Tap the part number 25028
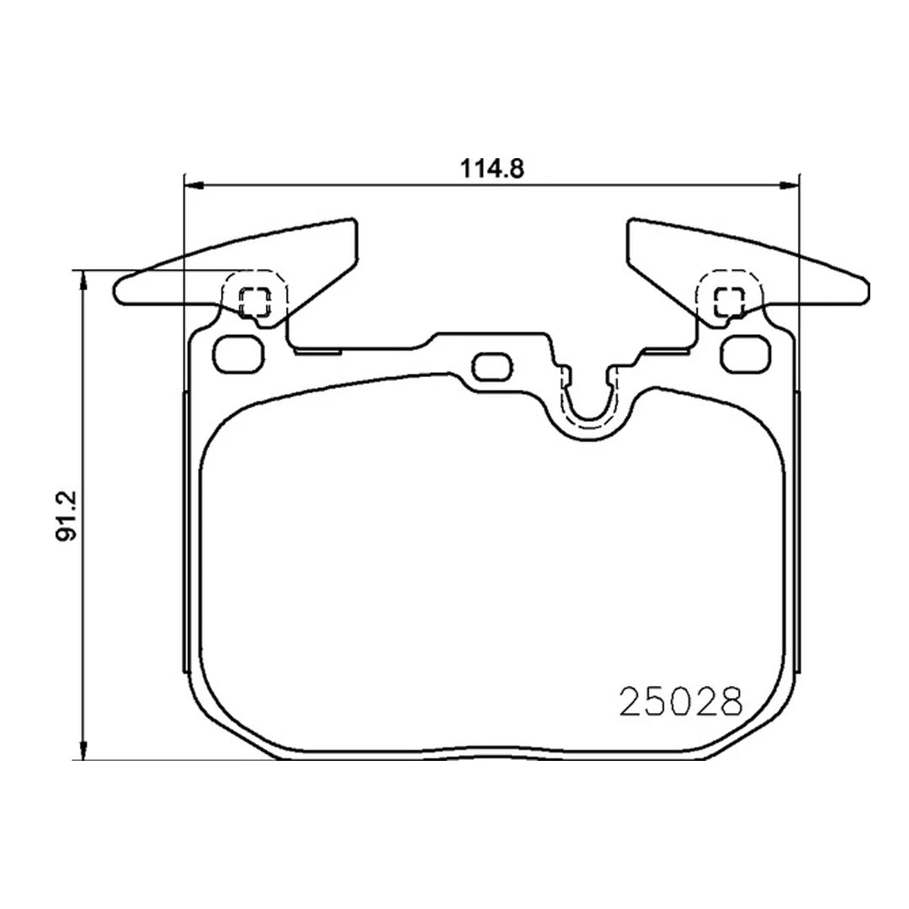pyautogui.click(x=682, y=700)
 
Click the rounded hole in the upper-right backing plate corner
pyautogui.click(x=744, y=353)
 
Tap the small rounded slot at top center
pyautogui.click(x=491, y=366)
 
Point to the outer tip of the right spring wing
pyautogui.click(x=866, y=290)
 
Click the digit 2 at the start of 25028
pyautogui.click(x=630, y=700)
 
